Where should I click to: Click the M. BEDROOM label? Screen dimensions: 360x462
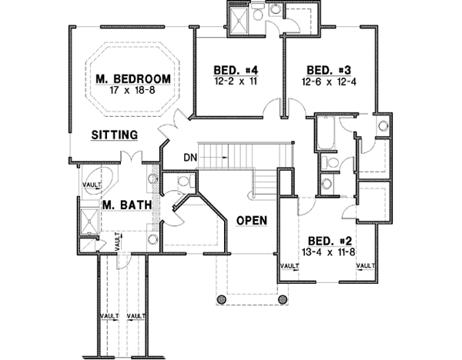[x=132, y=79]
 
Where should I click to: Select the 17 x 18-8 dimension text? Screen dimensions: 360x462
[x=132, y=90]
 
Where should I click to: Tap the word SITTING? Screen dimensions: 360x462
[x=114, y=135]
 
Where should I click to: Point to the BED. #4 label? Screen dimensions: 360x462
[x=235, y=69]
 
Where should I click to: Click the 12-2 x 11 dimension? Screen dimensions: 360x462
[x=235, y=80]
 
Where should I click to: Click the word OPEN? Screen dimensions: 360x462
[x=251, y=221]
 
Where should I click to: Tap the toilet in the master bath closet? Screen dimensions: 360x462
[x=182, y=182]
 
